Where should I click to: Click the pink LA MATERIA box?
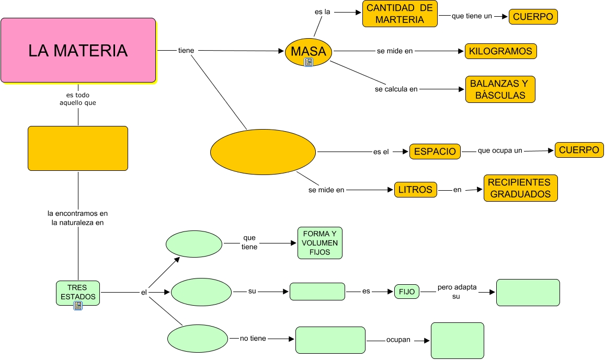(78, 50)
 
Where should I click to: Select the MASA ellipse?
(309, 51)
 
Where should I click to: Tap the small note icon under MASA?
(309, 63)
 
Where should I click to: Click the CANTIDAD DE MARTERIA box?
(399, 14)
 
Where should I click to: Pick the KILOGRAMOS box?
(500, 51)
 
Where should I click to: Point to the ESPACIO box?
(435, 152)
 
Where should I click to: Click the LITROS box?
(416, 190)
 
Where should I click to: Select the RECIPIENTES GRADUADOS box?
(520, 188)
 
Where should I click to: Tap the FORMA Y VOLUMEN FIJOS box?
(320, 243)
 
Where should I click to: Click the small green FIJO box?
(407, 292)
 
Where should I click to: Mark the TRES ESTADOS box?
(77, 292)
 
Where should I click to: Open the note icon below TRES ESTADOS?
(78, 306)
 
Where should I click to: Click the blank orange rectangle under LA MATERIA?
(78, 148)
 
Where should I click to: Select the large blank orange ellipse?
(263, 152)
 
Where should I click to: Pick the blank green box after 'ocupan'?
(458, 340)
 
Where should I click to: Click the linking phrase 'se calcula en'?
(396, 89)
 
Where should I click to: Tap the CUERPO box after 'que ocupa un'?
(579, 150)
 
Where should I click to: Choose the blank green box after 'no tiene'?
(330, 340)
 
